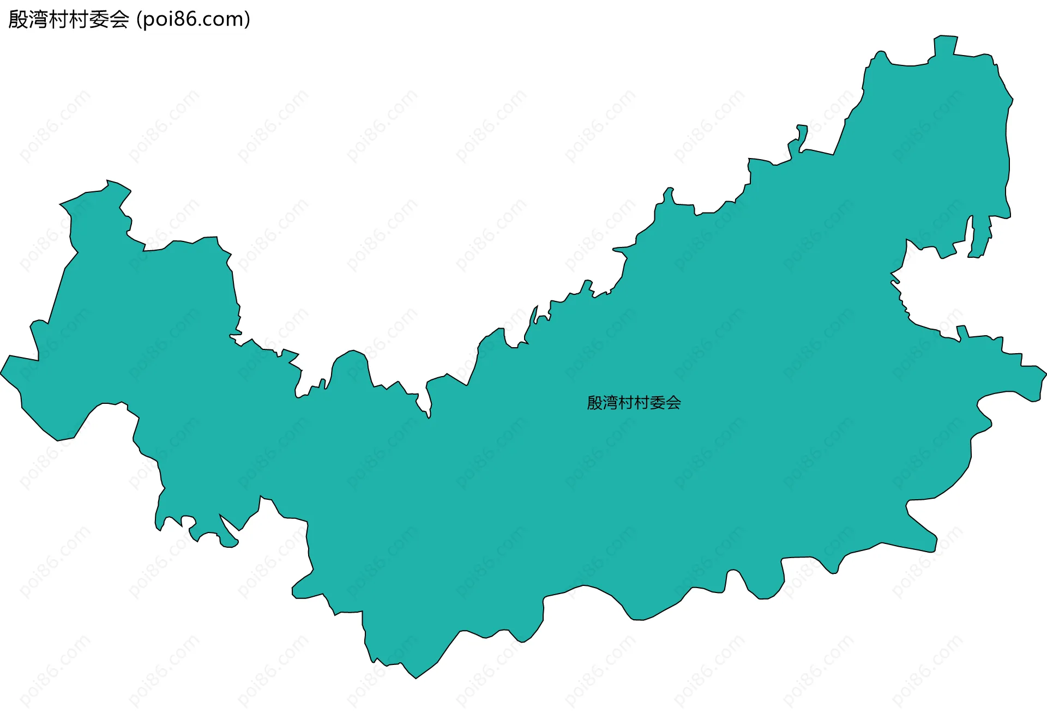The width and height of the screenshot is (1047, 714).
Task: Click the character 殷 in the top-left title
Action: coord(18,20)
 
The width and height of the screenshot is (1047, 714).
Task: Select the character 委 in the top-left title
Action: coord(99,20)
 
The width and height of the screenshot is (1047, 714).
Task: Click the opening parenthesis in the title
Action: coord(139,20)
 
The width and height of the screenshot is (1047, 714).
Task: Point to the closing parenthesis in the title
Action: coord(248,20)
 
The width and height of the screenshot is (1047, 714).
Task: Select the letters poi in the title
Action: coord(158,20)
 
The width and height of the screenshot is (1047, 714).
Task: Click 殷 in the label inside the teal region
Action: coord(594,403)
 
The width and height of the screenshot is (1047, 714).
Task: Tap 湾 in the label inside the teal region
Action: coord(610,403)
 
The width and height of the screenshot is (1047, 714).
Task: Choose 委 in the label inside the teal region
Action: coord(657,403)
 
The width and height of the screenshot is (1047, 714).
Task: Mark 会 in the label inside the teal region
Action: coord(673,403)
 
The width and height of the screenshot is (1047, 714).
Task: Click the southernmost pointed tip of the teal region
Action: coord(416,677)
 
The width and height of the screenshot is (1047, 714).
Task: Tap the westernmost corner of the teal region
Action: coord(2,374)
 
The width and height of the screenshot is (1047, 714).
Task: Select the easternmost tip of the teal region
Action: coord(1045,374)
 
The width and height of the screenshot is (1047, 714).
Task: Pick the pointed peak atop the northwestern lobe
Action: coord(109,181)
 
